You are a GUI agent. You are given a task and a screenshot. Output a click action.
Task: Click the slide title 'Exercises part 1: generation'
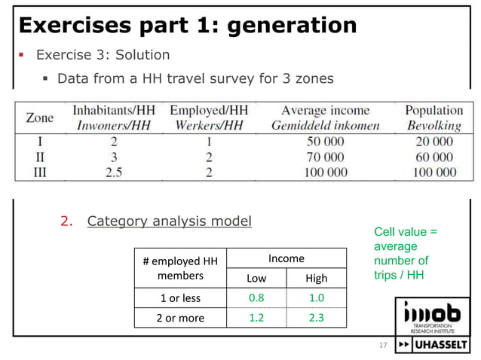click(x=187, y=26)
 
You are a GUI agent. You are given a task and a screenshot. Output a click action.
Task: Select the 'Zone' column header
click(x=39, y=117)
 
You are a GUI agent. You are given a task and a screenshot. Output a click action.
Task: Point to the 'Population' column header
click(x=434, y=111)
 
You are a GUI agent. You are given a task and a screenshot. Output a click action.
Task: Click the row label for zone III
click(x=39, y=172)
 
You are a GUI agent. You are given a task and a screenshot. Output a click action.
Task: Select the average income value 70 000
click(x=326, y=157)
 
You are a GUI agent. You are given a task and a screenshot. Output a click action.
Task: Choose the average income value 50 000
click(x=326, y=142)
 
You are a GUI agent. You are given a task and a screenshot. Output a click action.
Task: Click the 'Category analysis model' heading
click(x=169, y=221)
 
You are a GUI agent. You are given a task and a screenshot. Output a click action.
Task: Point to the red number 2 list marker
click(x=66, y=221)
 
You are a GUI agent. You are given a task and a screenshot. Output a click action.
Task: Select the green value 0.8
click(x=256, y=298)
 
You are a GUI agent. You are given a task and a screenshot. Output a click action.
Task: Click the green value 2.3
click(x=317, y=318)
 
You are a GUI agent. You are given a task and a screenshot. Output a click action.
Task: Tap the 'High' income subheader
click(x=317, y=279)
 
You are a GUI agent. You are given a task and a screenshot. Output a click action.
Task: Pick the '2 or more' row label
click(x=180, y=318)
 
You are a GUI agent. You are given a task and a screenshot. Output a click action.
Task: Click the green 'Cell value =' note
click(x=406, y=232)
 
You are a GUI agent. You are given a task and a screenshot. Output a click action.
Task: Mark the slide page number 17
click(x=382, y=346)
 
